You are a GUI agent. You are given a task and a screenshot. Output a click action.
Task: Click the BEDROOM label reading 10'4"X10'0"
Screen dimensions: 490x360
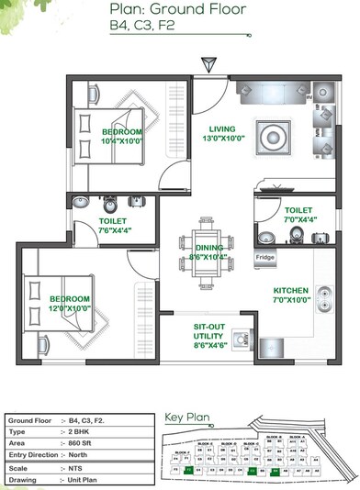[x=121, y=137]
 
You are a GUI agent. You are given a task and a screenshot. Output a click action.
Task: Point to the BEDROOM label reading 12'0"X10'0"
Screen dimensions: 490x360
[x=70, y=304]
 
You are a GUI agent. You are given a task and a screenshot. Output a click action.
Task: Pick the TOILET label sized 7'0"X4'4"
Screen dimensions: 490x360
[x=298, y=215]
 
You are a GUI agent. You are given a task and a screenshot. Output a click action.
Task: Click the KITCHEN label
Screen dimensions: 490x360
[x=291, y=295]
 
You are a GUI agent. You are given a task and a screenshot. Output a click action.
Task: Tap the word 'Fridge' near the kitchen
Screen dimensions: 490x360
[x=264, y=259]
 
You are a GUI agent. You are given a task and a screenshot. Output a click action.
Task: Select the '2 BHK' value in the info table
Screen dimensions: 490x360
[x=84, y=429]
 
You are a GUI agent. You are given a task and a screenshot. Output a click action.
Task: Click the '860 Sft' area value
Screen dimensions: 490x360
[x=85, y=441]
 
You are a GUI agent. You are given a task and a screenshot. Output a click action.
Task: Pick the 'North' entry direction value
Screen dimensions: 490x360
[x=83, y=453]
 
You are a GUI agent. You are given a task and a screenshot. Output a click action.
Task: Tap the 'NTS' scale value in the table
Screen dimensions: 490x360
[x=79, y=466]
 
